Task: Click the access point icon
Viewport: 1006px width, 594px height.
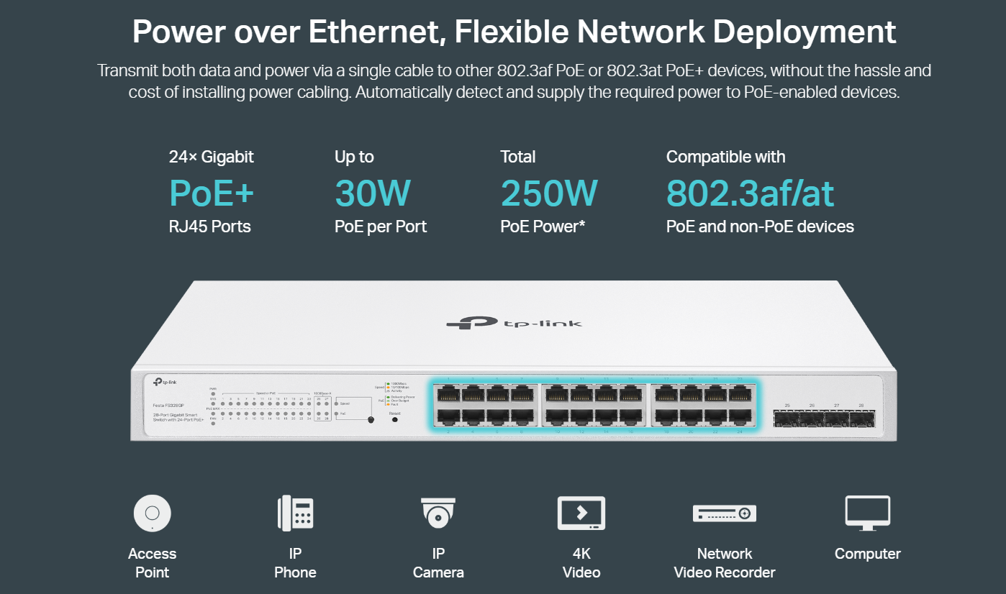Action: [152, 513]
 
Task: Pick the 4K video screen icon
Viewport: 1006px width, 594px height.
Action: [581, 513]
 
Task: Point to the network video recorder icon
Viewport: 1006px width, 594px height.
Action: [724, 513]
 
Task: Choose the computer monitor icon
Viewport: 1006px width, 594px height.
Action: [867, 513]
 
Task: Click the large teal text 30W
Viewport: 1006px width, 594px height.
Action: [373, 193]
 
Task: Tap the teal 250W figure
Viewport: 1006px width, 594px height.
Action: [549, 193]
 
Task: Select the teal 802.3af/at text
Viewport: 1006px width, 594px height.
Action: [750, 193]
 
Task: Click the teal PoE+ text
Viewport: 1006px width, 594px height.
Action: [212, 193]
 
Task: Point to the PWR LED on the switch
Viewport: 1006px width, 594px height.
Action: [213, 394]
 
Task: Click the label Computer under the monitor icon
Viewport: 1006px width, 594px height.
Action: [867, 554]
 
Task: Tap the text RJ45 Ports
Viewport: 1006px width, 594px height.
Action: [210, 227]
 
